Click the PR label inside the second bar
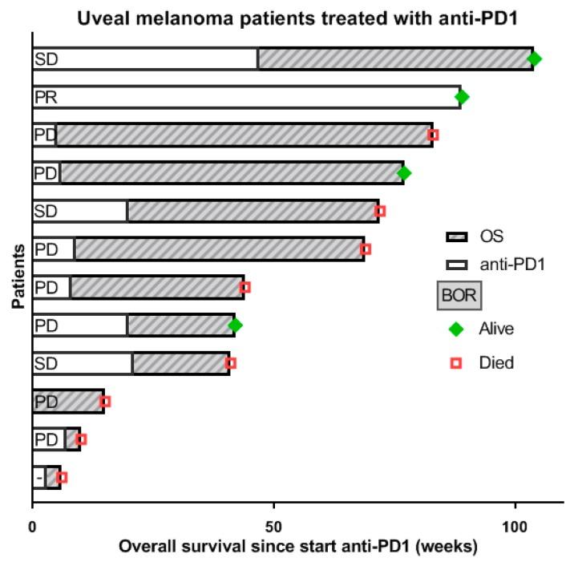(x=45, y=97)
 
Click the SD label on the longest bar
(x=45, y=59)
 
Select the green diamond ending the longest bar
(x=535, y=59)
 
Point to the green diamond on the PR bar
(x=462, y=97)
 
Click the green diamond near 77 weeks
(x=404, y=172)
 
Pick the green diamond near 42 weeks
(x=235, y=325)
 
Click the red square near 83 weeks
(x=433, y=135)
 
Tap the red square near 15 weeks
(x=105, y=401)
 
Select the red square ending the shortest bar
(x=62, y=477)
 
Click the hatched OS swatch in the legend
(x=456, y=237)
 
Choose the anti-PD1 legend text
(x=511, y=263)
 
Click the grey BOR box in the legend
(x=459, y=296)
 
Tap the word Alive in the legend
(x=496, y=329)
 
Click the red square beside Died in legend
(x=457, y=363)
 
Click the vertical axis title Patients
(x=17, y=281)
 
